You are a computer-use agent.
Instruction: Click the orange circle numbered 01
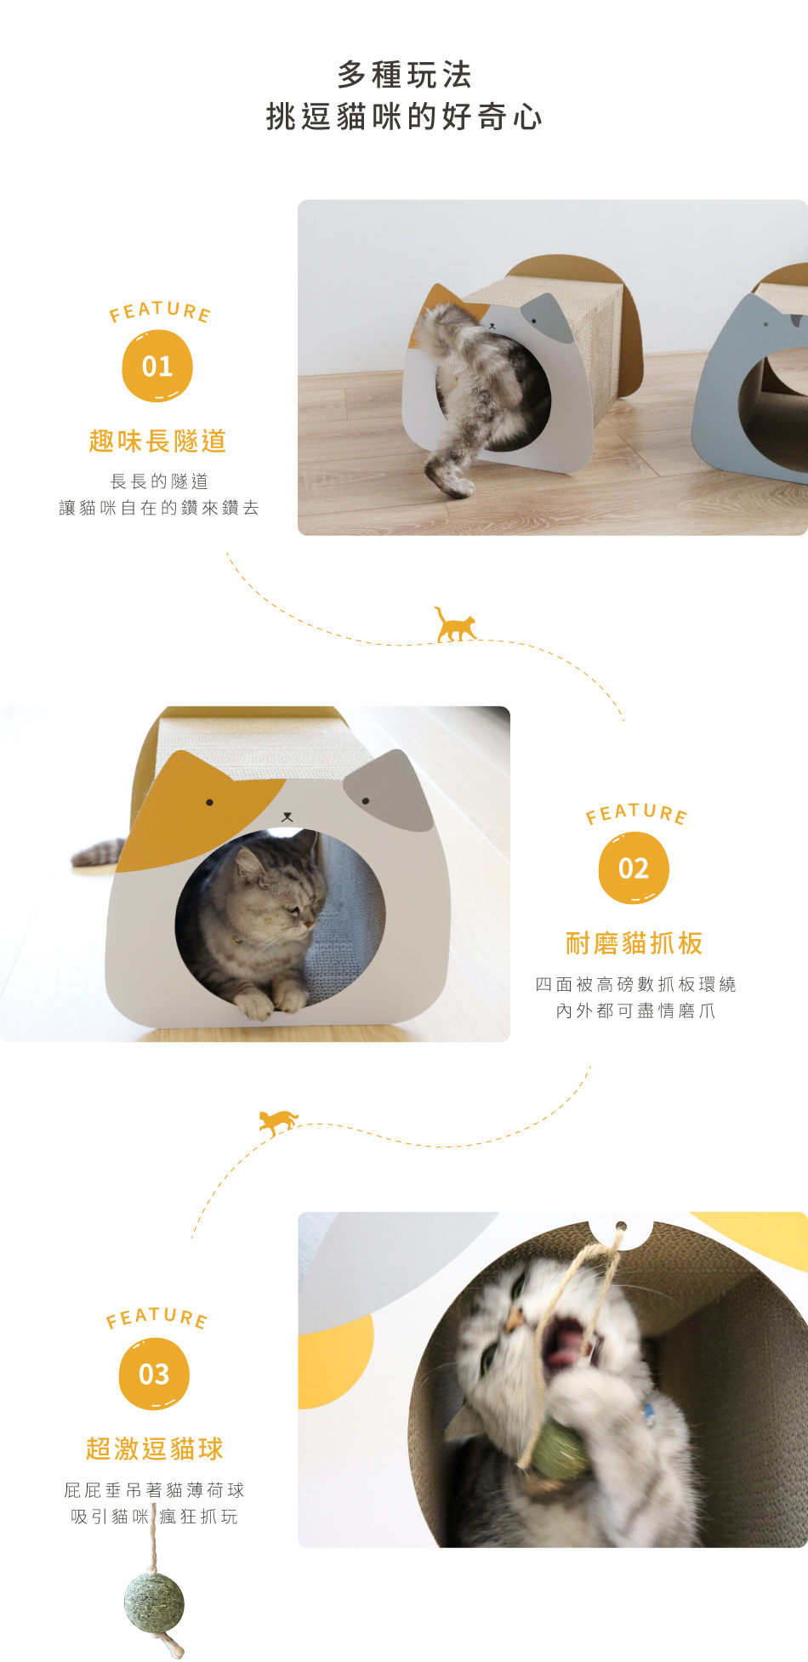pyautogui.click(x=157, y=367)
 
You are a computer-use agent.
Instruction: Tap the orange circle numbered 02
pyautogui.click(x=634, y=868)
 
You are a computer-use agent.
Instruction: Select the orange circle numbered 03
pyautogui.click(x=154, y=1374)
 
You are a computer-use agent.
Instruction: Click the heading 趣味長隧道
pyautogui.click(x=157, y=441)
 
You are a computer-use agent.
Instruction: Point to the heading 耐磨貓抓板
pyautogui.click(x=634, y=943)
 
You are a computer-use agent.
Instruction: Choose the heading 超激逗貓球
pyautogui.click(x=155, y=1449)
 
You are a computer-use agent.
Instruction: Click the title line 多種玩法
pyautogui.click(x=404, y=75)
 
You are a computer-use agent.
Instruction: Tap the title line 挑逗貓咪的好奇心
pyautogui.click(x=404, y=117)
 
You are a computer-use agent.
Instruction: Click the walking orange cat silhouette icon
pyautogui.click(x=456, y=624)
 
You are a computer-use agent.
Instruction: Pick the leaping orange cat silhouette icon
pyautogui.click(x=279, y=1122)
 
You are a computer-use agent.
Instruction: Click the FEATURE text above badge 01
pyautogui.click(x=160, y=311)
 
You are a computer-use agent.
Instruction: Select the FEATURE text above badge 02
pyautogui.click(x=636, y=813)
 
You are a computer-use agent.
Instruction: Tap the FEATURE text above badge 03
pyautogui.click(x=156, y=1318)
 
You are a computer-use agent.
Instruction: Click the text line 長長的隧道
pyautogui.click(x=159, y=481)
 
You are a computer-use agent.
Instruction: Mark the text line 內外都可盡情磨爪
pyautogui.click(x=635, y=1010)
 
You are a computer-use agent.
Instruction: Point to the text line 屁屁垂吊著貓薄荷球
pyautogui.click(x=154, y=1490)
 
